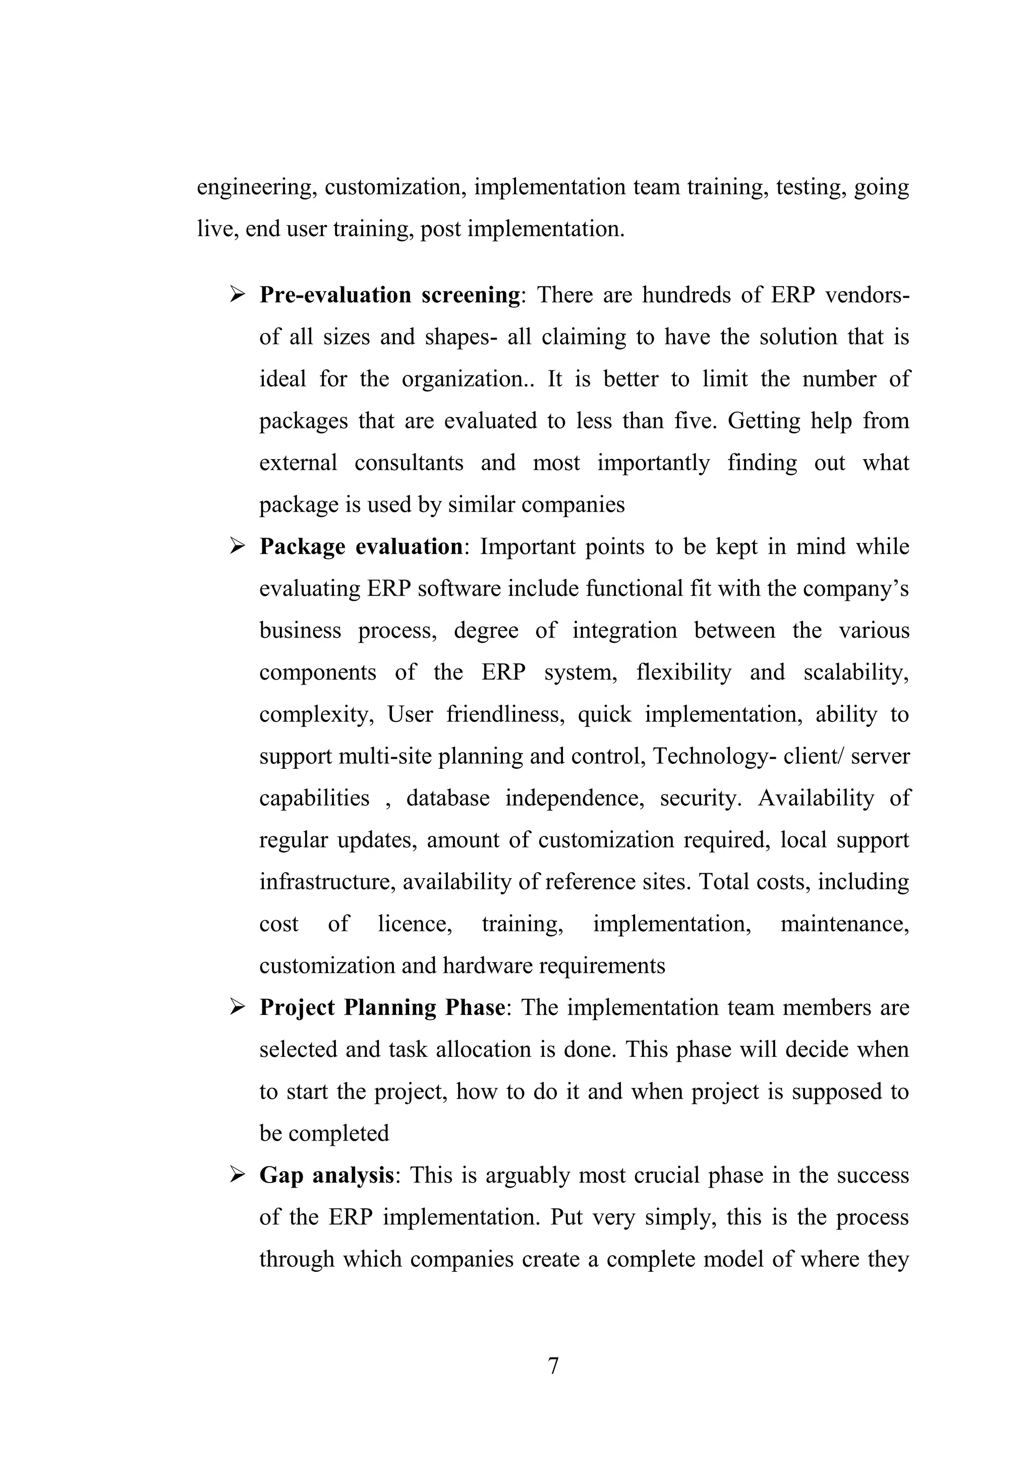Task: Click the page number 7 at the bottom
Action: [x=553, y=1366]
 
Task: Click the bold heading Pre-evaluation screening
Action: [x=389, y=295]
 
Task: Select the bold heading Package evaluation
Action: [x=361, y=546]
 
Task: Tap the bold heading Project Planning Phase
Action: [x=382, y=1007]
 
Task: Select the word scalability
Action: [x=855, y=672]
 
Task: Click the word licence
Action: [x=415, y=924]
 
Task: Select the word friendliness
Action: [x=505, y=714]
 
